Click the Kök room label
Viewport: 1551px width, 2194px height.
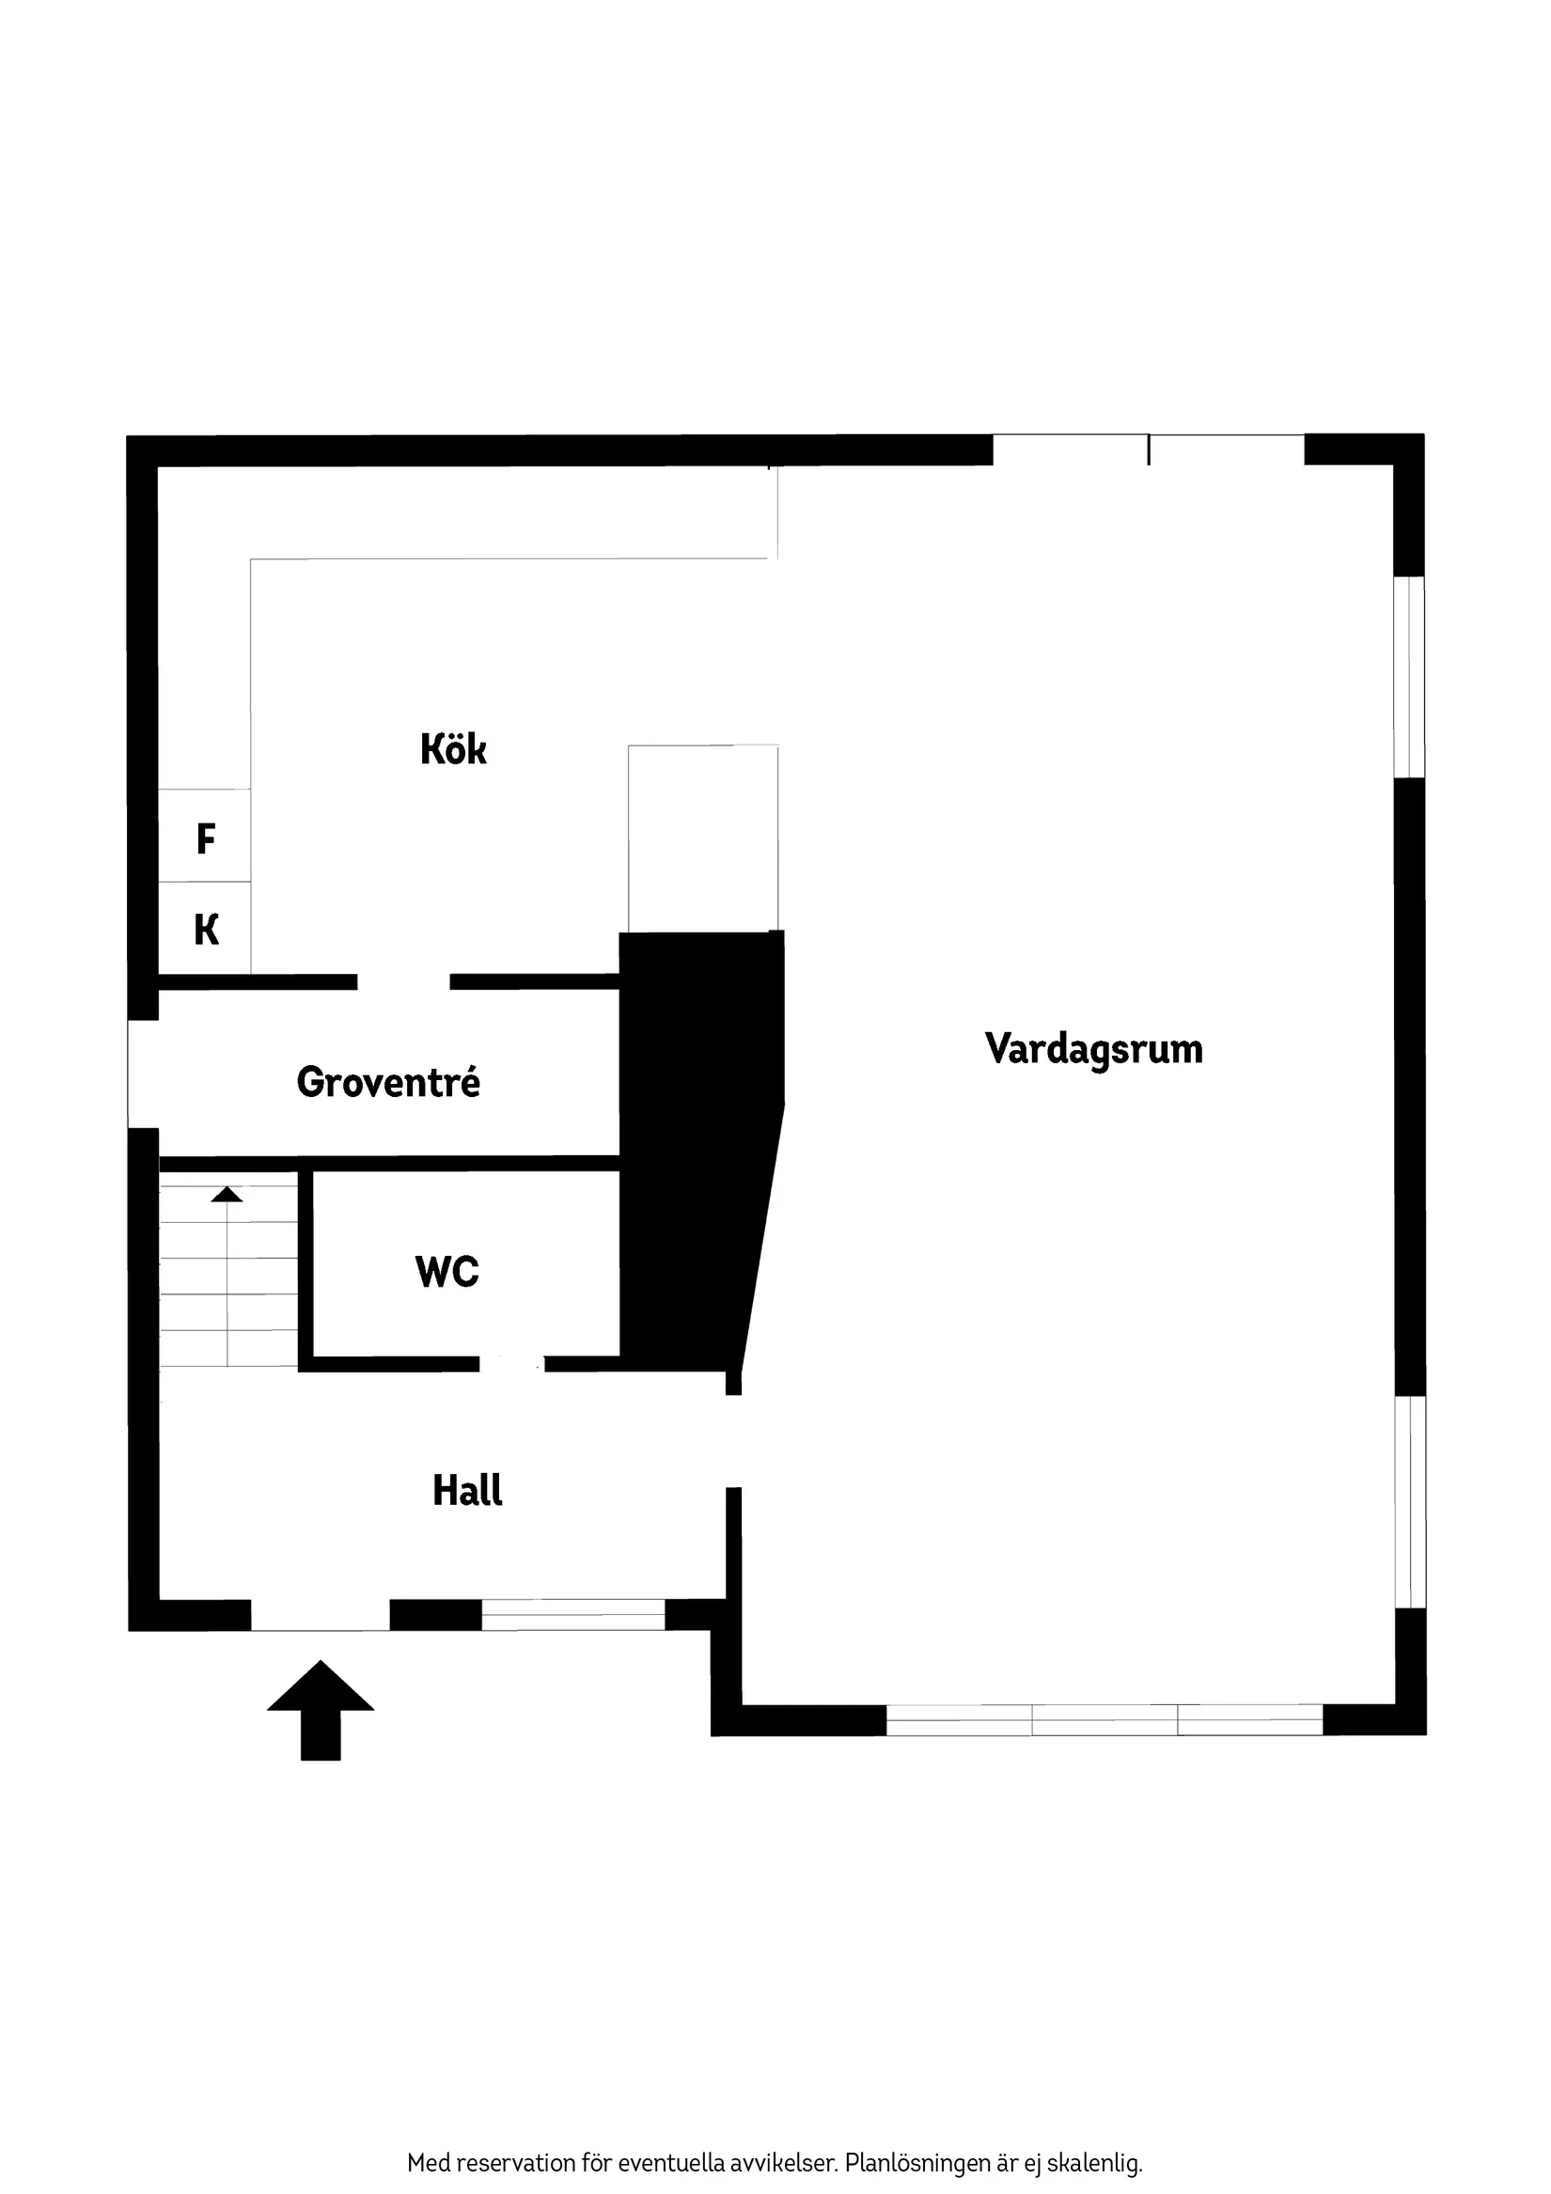(453, 749)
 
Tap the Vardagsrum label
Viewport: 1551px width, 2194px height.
(1093, 1049)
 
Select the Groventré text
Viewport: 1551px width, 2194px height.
(388, 1083)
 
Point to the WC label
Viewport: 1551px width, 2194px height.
(447, 1272)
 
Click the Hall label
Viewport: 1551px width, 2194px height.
(467, 1491)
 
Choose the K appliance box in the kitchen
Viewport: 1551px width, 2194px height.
(205, 929)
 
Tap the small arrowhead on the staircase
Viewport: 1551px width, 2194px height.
(227, 1195)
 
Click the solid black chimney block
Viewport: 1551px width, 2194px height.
(697, 1147)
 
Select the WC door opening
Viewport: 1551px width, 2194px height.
(511, 1364)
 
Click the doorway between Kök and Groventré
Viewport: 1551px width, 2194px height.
(403, 981)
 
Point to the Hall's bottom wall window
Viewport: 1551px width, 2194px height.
(572, 1615)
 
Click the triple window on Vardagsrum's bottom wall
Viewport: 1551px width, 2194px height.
(1104, 1720)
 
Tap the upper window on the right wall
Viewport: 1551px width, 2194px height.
(1409, 677)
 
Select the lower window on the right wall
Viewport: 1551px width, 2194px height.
(1410, 1502)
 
